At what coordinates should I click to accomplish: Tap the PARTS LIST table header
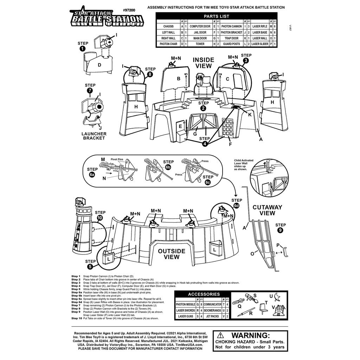pyautogui.click(x=216, y=16)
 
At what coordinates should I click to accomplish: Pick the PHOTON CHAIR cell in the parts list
pyautogui.click(x=168, y=44)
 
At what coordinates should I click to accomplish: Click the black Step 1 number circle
pyautogui.click(x=82, y=49)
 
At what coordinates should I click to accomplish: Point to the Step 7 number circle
pyautogui.click(x=90, y=91)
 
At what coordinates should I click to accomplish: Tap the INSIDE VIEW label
pyautogui.click(x=203, y=63)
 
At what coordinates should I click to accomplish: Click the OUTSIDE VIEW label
pyautogui.click(x=171, y=254)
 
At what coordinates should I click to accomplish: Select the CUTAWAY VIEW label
pyautogui.click(x=267, y=210)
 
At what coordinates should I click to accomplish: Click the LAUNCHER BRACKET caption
pyautogui.click(x=94, y=136)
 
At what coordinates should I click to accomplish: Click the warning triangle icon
pyautogui.click(x=220, y=335)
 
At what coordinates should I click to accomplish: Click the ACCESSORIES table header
pyautogui.click(x=204, y=294)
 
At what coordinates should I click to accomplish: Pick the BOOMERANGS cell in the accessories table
pyautogui.click(x=212, y=310)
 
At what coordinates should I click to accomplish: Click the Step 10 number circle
pyautogui.click(x=100, y=218)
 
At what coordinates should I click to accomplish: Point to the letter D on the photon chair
pyautogui.click(x=99, y=65)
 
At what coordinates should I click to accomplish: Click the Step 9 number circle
pyautogui.click(x=280, y=231)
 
